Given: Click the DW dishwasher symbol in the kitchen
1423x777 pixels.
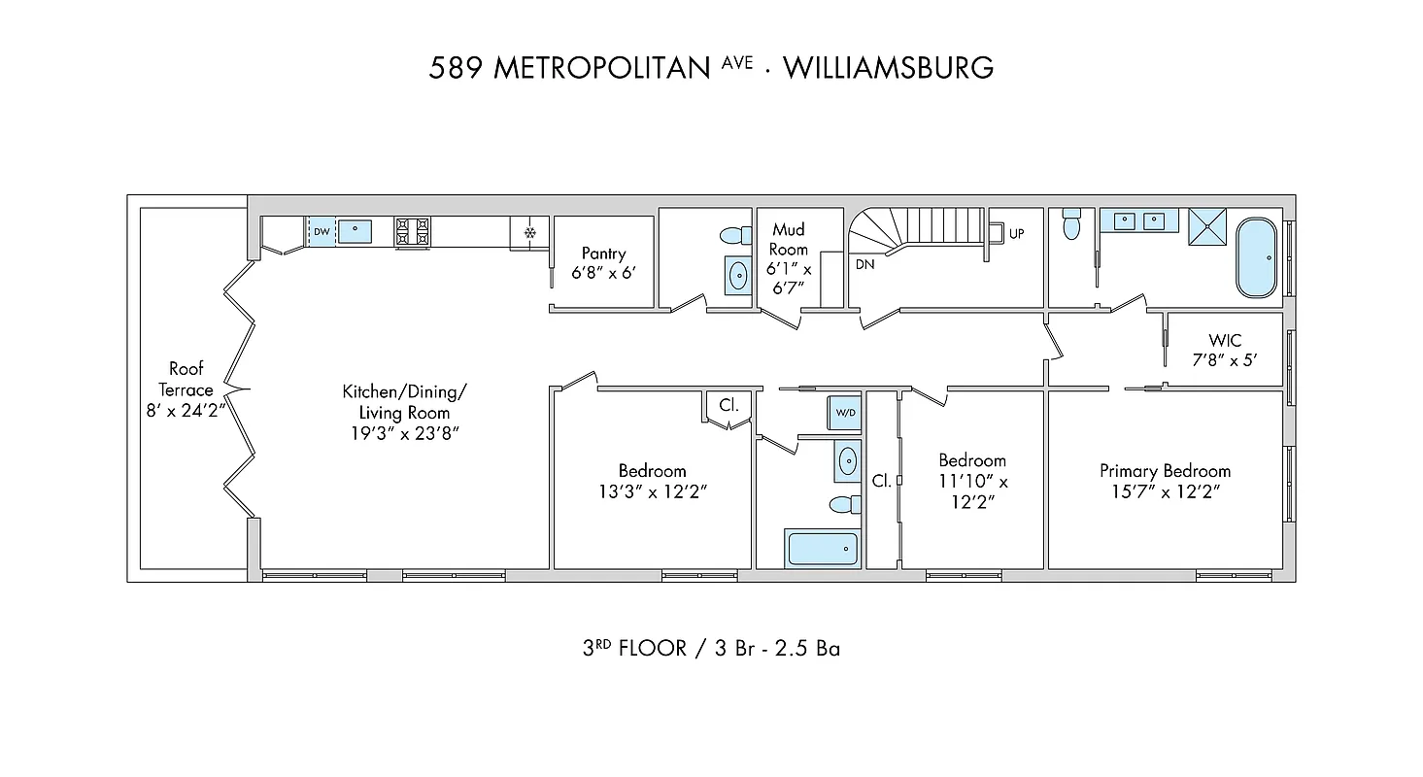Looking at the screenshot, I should point(321,231).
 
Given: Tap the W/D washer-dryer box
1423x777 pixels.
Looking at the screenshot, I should point(845,413).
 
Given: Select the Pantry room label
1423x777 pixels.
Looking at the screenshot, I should point(604,253).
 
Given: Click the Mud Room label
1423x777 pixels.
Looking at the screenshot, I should point(789,239).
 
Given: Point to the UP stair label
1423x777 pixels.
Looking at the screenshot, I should point(1016,233).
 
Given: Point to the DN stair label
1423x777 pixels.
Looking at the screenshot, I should point(864,263).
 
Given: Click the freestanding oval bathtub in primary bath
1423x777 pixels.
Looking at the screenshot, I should point(1259,257).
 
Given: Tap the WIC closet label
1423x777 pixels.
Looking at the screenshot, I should point(1224,341).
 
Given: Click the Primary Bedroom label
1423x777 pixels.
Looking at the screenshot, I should point(1165,471).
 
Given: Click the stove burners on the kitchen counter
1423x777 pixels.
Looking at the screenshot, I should point(412,231).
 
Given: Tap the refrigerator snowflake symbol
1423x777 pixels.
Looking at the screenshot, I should point(530,232).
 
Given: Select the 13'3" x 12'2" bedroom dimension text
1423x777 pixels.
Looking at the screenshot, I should point(652,491).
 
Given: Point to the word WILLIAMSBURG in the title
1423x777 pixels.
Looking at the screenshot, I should point(888,68).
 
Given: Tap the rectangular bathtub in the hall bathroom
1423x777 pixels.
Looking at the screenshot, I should point(823,549).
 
